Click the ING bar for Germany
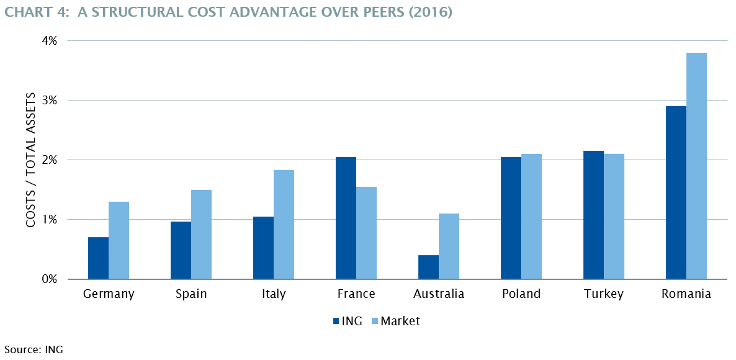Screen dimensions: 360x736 (x=98, y=258)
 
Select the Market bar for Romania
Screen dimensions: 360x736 (x=696, y=166)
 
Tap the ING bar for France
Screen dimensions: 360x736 (x=346, y=218)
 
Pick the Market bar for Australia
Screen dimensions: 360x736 (x=449, y=246)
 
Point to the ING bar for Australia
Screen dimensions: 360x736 (x=428, y=267)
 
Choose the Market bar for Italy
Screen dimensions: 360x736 (x=284, y=225)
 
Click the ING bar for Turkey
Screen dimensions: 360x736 (x=593, y=215)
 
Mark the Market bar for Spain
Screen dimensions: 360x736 (x=201, y=235)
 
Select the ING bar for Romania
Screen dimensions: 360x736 (x=676, y=192)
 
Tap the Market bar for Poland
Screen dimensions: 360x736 (x=531, y=217)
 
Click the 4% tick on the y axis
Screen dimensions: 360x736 (x=49, y=41)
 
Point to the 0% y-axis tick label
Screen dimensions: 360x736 (x=49, y=279)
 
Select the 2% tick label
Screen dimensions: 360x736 (x=49, y=160)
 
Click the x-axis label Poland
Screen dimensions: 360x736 (x=521, y=294)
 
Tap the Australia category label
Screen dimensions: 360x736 (x=439, y=294)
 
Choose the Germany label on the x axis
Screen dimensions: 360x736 (x=109, y=294)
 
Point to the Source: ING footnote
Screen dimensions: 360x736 (x=34, y=349)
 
